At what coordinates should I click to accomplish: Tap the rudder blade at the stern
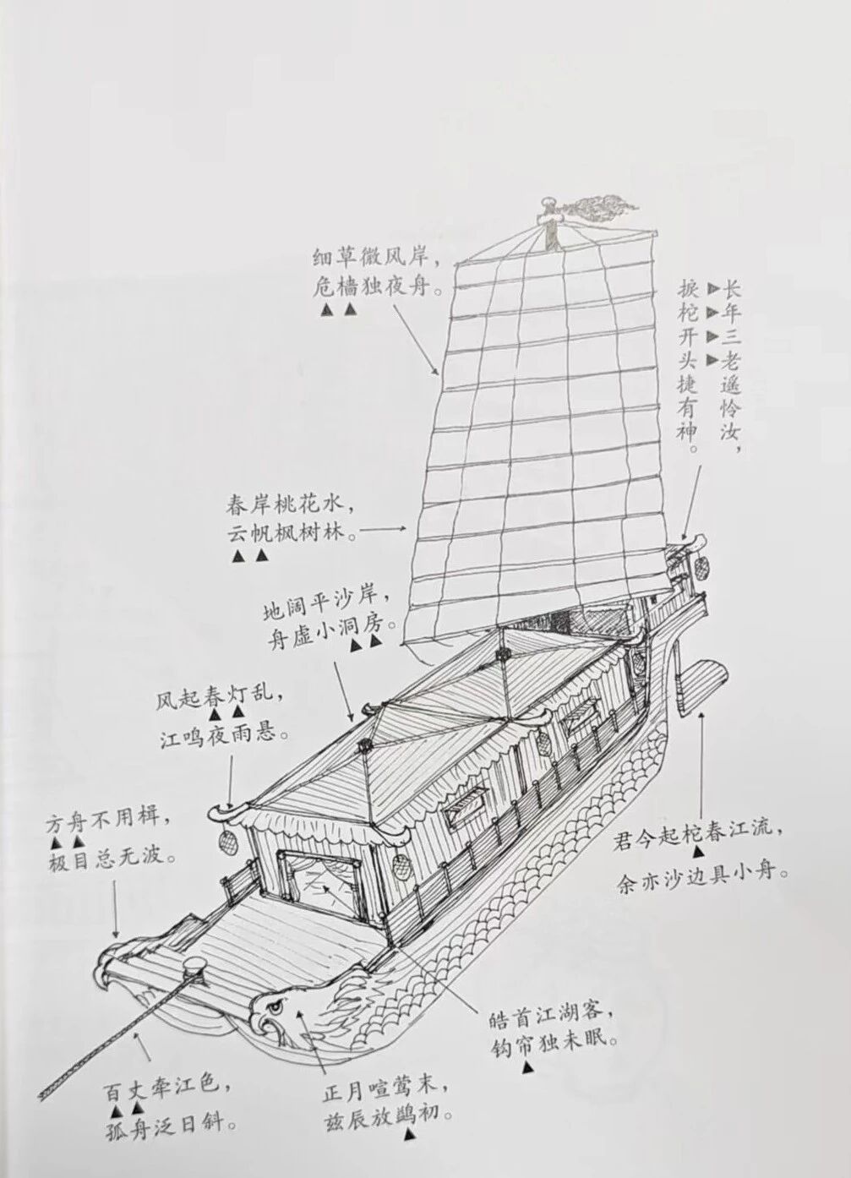(701, 679)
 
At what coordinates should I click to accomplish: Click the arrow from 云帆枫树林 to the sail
(382, 529)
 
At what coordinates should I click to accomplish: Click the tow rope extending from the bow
(122, 1018)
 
